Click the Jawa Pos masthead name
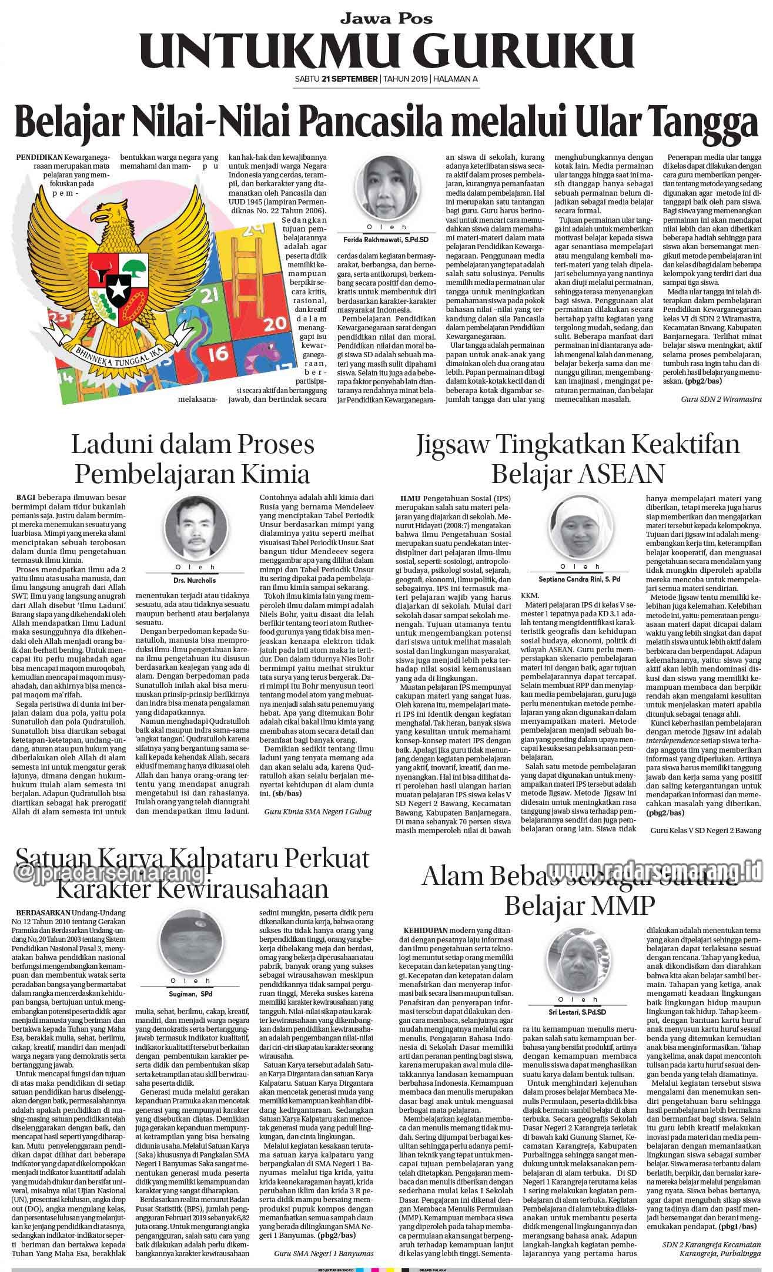pyautogui.click(x=386, y=18)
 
